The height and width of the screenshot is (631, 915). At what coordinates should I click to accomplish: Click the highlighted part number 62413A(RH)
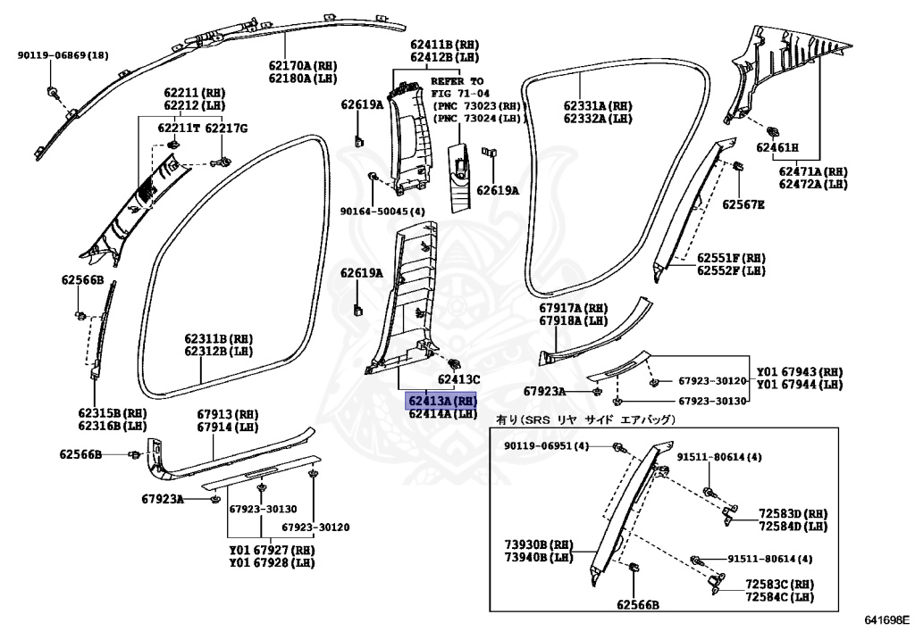pyautogui.click(x=441, y=401)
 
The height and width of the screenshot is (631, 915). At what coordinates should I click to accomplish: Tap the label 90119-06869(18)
pyautogui.click(x=63, y=55)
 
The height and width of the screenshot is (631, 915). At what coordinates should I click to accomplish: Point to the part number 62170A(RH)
pyautogui.click(x=303, y=65)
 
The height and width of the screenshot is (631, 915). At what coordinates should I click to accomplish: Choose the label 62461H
pyautogui.click(x=777, y=147)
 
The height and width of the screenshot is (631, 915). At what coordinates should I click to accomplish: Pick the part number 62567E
pyautogui.click(x=744, y=204)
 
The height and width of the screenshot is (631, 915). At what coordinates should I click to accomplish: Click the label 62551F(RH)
pyautogui.click(x=731, y=257)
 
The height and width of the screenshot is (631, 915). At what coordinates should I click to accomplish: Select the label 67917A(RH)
pyautogui.click(x=573, y=308)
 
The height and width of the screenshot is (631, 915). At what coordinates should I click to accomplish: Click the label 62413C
pyautogui.click(x=457, y=379)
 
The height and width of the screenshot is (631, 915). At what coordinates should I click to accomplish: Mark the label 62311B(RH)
pyautogui.click(x=220, y=339)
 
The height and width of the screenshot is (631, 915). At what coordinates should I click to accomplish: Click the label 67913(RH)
pyautogui.click(x=228, y=414)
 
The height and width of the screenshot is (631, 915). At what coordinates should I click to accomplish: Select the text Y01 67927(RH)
pyautogui.click(x=272, y=550)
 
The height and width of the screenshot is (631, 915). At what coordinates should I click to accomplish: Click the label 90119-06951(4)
pyautogui.click(x=546, y=445)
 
